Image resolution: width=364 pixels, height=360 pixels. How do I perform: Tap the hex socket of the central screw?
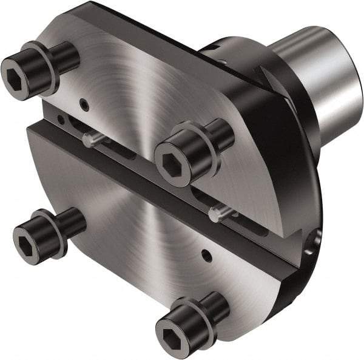tap(169, 162)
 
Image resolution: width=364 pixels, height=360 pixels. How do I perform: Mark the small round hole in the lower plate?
tap(207, 256)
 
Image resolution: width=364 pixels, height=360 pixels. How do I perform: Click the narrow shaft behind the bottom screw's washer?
tap(218, 307)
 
